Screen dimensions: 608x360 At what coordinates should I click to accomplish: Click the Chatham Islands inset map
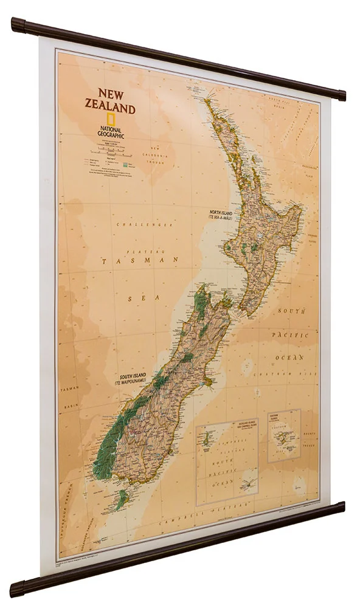(x=284, y=435)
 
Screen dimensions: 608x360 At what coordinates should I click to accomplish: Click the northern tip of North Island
(x=207, y=100)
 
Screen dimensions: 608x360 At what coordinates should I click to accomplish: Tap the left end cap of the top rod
(x=16, y=24)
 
